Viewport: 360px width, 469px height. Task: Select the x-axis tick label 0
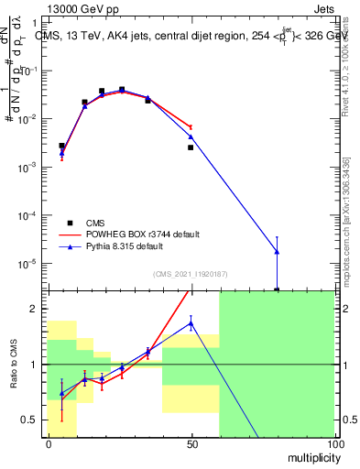pyautogui.click(x=49, y=443)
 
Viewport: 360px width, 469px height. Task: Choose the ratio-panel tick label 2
pyautogui.click(x=36, y=309)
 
